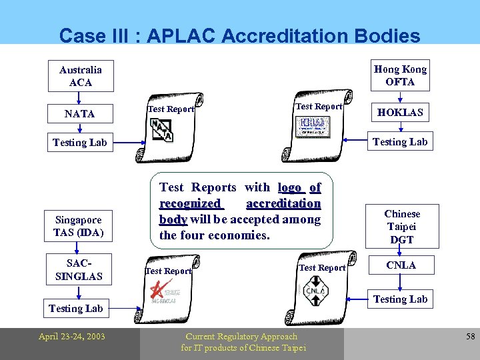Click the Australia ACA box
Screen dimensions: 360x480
[x=80, y=76]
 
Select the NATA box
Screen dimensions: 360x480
[x=80, y=114]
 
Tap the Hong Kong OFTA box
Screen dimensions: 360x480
[x=400, y=75]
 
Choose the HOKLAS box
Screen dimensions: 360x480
[x=400, y=113]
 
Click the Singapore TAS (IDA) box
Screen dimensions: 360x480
[x=78, y=226]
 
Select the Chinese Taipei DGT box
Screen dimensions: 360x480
[x=402, y=226]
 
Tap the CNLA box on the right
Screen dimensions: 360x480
[x=401, y=265]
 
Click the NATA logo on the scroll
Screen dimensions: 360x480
[x=161, y=129]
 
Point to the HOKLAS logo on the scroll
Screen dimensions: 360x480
[x=313, y=126]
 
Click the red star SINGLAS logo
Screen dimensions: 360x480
[x=163, y=291]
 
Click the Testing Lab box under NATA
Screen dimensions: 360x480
[x=79, y=143]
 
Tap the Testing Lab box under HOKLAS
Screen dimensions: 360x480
[x=400, y=141]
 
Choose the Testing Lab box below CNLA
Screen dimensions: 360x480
[x=400, y=299]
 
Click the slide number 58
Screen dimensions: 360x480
[x=470, y=337]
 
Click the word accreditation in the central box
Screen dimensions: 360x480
[x=283, y=203]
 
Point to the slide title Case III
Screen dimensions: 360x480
[x=239, y=35]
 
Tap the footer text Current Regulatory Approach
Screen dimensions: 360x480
[x=241, y=337]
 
